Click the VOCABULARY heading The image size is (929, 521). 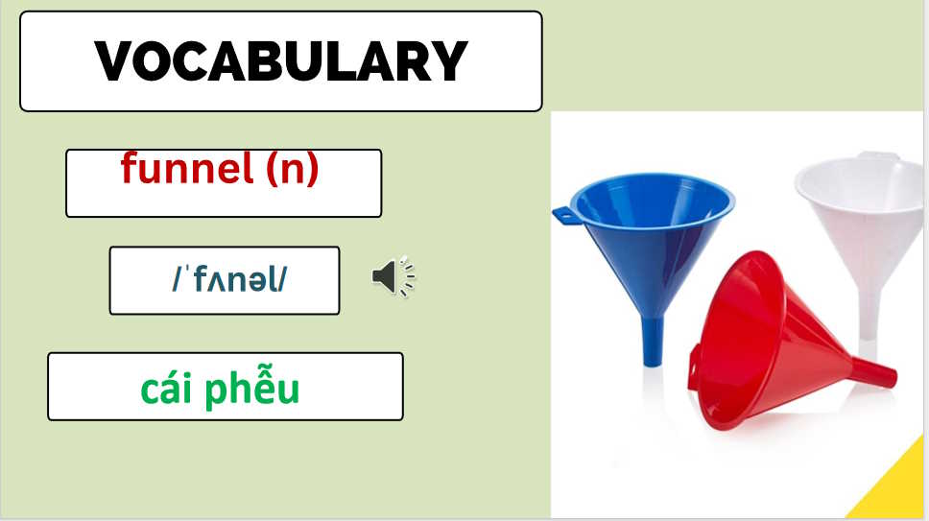280,60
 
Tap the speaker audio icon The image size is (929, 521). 393,277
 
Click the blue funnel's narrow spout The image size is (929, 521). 651,342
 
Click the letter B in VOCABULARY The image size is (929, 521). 248,60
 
